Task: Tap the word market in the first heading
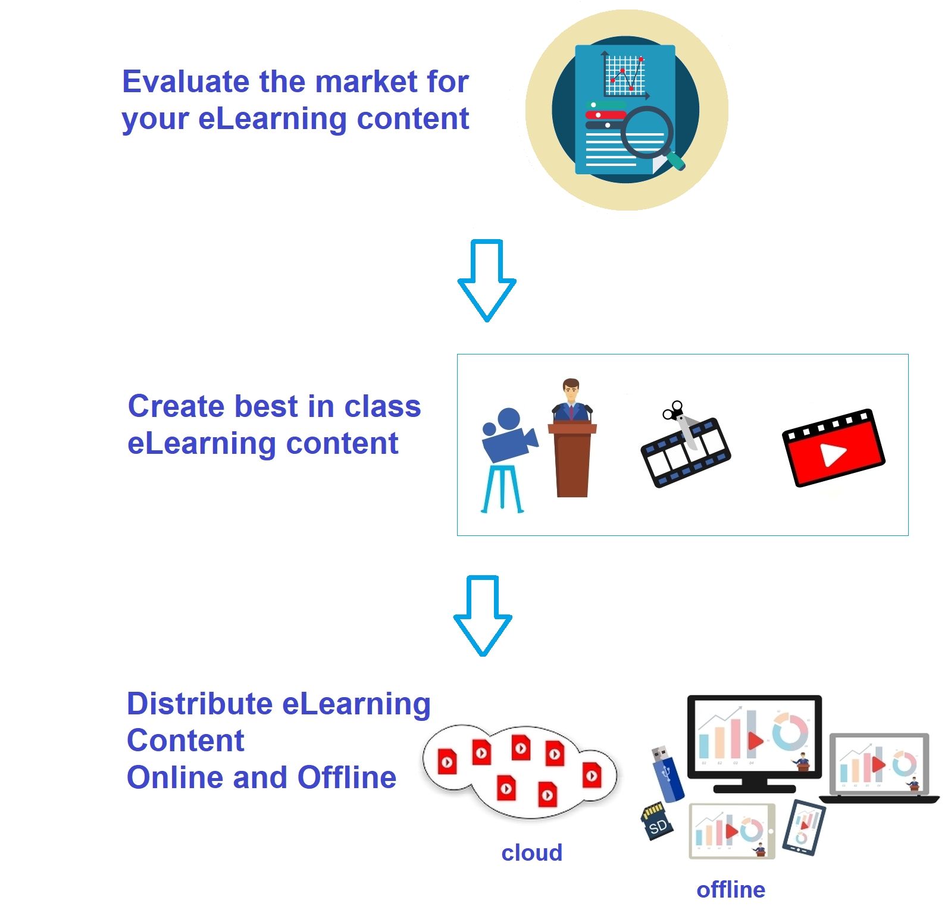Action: tap(361, 81)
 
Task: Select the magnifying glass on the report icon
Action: tap(649, 136)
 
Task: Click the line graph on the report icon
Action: tap(625, 75)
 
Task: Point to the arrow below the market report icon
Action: tap(487, 280)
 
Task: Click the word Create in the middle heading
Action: tap(176, 406)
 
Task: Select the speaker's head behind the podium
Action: tap(571, 390)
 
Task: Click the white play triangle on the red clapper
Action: tap(833, 455)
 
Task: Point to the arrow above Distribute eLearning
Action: tap(483, 616)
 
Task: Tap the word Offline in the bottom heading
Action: tap(347, 777)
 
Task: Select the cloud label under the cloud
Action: tap(531, 852)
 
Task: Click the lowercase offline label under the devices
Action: tap(731, 890)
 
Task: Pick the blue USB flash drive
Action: tap(668, 773)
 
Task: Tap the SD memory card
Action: tap(657, 822)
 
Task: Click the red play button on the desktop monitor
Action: tap(755, 741)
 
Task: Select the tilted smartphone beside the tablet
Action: tap(804, 827)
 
